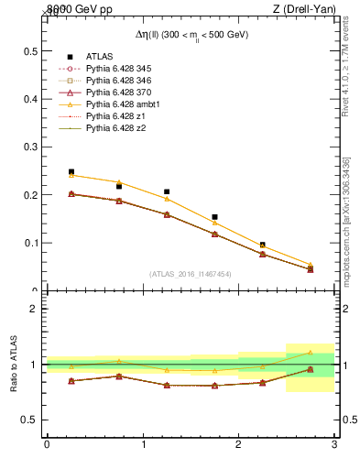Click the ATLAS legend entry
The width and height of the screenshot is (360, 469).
click(x=100, y=57)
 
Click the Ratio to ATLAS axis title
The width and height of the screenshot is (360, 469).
click(x=14, y=365)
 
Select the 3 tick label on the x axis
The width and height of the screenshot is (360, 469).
click(x=334, y=444)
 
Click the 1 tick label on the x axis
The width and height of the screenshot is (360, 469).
click(x=143, y=444)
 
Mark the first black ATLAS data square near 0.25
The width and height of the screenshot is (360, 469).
click(x=71, y=171)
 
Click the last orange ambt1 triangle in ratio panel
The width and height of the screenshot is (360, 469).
click(x=310, y=352)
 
